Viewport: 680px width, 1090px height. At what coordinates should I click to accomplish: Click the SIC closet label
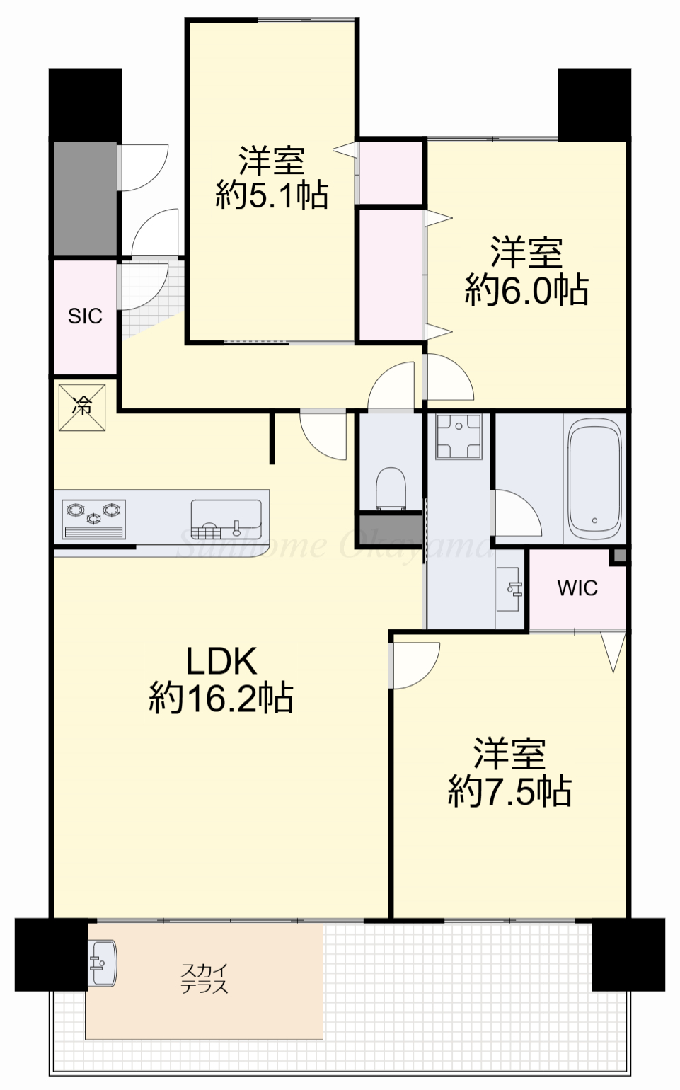(85, 316)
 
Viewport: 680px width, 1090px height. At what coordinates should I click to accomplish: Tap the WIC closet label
(577, 588)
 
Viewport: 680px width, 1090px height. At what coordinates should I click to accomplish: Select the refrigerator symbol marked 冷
(82, 407)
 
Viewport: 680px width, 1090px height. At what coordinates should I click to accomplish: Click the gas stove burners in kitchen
(94, 519)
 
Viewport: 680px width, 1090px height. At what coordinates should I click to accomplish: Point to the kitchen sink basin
(226, 520)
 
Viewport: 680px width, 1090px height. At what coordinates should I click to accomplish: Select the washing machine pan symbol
(459, 436)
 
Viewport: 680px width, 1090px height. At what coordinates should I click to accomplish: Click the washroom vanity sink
(510, 588)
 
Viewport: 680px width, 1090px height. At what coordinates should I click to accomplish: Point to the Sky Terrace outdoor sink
(103, 963)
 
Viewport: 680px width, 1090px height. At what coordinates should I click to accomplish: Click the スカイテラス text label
(204, 978)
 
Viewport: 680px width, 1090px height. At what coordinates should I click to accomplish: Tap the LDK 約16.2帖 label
(221, 680)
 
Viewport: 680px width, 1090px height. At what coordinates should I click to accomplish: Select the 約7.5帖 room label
(509, 773)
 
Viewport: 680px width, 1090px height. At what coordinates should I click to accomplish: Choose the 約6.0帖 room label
(526, 272)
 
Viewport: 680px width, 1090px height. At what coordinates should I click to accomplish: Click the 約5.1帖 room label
(272, 178)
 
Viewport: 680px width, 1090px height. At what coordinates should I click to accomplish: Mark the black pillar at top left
(85, 104)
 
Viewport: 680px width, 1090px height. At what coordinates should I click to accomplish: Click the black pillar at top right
(594, 104)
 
